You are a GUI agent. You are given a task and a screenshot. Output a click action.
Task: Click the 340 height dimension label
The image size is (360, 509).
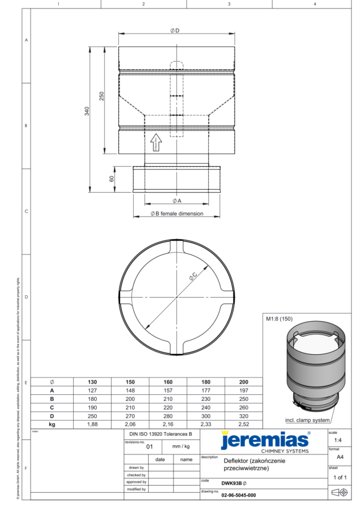pyautogui.click(x=87, y=112)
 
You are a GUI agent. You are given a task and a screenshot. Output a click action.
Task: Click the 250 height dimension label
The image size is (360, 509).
pyautogui.click(x=101, y=96)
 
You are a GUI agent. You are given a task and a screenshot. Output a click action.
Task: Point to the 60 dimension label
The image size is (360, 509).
pyautogui.click(x=112, y=179)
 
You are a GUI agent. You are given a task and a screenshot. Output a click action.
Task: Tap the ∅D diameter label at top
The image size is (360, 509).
pyautogui.click(x=175, y=31)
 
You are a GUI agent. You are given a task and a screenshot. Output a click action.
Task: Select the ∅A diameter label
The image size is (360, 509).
pyautogui.click(x=176, y=200)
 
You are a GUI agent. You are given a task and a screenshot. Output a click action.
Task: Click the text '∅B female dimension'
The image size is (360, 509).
pyautogui.click(x=176, y=213)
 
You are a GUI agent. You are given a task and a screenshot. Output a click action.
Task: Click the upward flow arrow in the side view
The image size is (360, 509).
pyautogui.click(x=156, y=143)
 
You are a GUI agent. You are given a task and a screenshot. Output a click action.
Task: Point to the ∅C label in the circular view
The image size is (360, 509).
pyautogui.click(x=193, y=276)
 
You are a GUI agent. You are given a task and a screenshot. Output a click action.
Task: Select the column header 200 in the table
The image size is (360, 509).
pyautogui.click(x=243, y=382)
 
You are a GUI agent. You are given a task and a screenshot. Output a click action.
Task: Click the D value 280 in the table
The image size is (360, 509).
pyautogui.click(x=167, y=415)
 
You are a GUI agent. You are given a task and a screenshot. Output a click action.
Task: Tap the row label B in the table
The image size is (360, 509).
pyautogui.click(x=52, y=399)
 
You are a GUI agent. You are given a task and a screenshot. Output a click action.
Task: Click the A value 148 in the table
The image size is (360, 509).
pyautogui.click(x=130, y=390)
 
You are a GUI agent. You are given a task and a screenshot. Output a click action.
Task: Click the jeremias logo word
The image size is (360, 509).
pyautogui.click(x=264, y=440)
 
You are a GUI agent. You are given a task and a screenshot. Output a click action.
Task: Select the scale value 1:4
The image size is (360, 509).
pyautogui.click(x=341, y=440)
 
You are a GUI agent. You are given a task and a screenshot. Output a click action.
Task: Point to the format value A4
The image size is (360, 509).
pyautogui.click(x=340, y=456)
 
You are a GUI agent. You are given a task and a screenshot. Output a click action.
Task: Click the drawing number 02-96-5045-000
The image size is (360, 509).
pyautogui.click(x=238, y=495)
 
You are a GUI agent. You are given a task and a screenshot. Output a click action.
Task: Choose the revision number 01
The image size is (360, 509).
pyautogui.click(x=150, y=447)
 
